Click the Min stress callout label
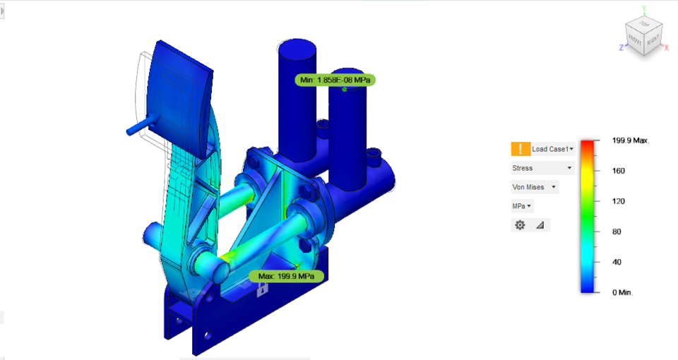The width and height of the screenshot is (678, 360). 335,80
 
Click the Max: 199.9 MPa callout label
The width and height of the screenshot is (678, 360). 286,275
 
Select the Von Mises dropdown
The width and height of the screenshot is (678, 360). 535,187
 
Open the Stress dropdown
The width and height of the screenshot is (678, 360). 542,168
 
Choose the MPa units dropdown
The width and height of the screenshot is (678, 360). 523,206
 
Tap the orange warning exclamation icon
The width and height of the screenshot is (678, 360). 521,149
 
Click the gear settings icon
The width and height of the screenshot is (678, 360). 521,225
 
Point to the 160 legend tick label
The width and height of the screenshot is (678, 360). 618,171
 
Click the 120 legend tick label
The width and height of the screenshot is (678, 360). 618,201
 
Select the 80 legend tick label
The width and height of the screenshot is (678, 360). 616,232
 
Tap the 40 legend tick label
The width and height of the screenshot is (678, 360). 616,262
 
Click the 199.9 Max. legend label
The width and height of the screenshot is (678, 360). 630,140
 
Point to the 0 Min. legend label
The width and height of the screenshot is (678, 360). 624,292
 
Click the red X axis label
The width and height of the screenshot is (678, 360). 666,47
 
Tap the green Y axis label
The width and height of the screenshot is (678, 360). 644,8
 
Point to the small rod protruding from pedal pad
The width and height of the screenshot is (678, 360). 136,128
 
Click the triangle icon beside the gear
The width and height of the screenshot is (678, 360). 540,225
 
